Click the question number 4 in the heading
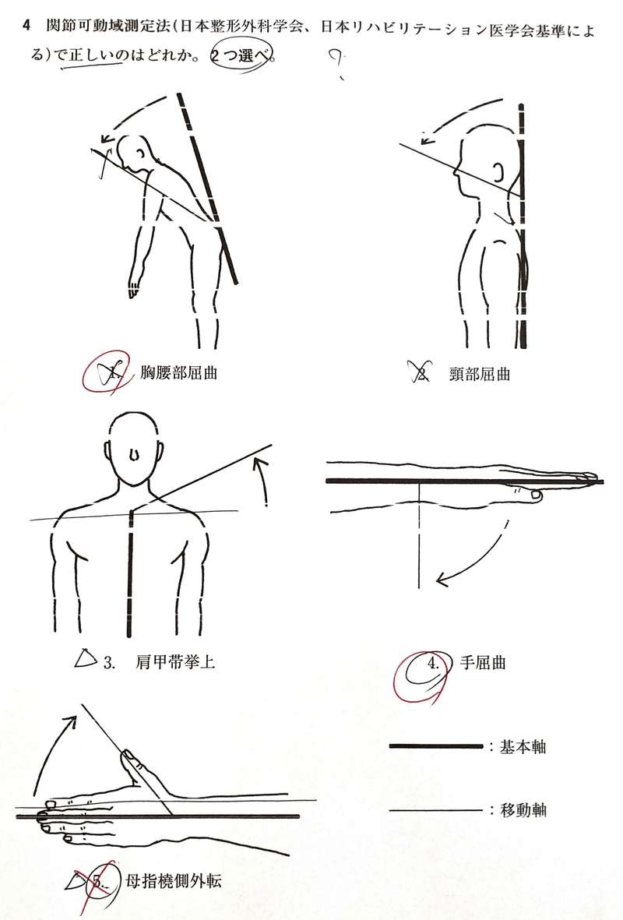(x=25, y=26)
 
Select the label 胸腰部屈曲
(x=179, y=372)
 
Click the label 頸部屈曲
(x=479, y=374)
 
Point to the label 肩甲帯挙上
(x=174, y=662)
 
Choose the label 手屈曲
(x=483, y=663)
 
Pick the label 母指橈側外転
(x=174, y=881)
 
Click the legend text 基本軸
(x=523, y=747)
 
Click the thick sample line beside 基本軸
(x=436, y=746)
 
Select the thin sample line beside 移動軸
(x=436, y=810)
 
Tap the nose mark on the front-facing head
(x=135, y=455)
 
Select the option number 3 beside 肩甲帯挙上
(x=109, y=662)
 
